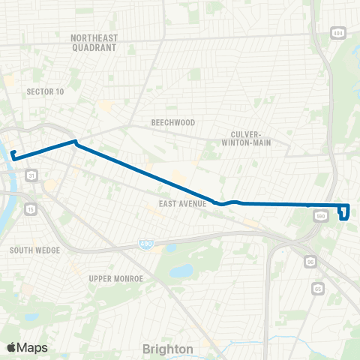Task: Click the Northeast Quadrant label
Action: [x=94, y=42]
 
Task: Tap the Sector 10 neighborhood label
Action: [x=45, y=91]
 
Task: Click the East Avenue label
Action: [x=182, y=203]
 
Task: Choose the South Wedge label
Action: [x=30, y=250]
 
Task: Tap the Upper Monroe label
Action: [x=111, y=278]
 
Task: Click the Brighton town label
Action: [x=168, y=349]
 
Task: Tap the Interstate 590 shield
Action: [x=322, y=216]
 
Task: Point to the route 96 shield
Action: [x=310, y=262]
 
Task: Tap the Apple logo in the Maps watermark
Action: [x=11, y=347]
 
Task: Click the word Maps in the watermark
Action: [x=32, y=347]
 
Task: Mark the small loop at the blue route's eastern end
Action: [x=343, y=211]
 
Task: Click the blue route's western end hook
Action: [x=13, y=155]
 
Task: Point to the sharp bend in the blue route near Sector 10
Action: [x=75, y=142]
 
